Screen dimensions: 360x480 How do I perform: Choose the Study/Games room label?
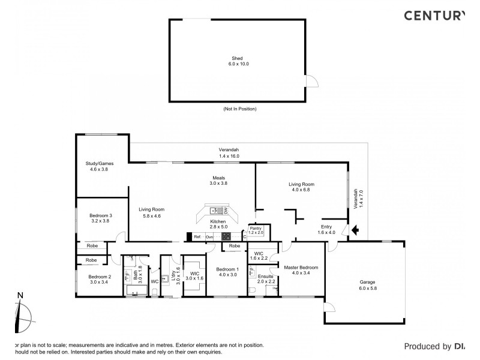pos(99,163)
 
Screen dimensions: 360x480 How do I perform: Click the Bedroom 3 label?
pos(101,215)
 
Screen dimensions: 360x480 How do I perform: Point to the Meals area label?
pos(218,178)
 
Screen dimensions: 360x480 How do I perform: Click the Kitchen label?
pos(217,221)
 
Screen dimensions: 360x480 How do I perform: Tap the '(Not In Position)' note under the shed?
pos(239,109)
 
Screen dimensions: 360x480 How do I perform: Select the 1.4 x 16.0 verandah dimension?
pos(228,156)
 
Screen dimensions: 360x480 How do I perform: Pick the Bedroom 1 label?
pos(227,268)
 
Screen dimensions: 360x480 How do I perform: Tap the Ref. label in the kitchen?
pos(196,237)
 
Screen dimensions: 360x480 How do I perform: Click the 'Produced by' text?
pos(427,346)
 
